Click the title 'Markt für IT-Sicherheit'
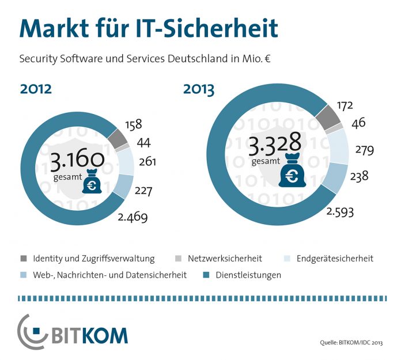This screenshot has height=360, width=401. click(x=149, y=28)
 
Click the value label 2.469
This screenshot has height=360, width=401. click(x=133, y=217)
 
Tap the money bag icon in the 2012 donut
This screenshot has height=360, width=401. click(x=92, y=183)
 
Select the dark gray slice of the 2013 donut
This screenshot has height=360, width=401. click(x=328, y=118)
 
